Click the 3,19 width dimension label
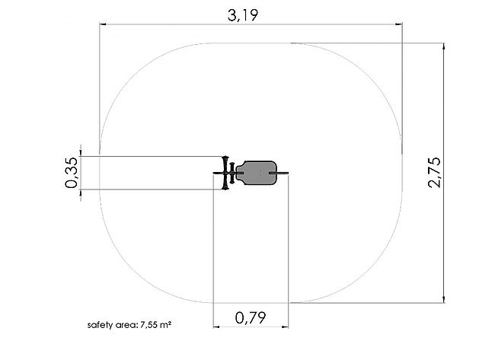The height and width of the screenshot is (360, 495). [x=243, y=15]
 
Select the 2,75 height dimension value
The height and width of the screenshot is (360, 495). [x=434, y=173]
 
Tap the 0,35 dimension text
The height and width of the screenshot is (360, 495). [x=72, y=173]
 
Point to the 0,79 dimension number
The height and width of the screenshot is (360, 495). [x=251, y=317]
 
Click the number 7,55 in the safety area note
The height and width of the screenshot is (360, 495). [x=149, y=325]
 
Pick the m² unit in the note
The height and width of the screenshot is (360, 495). [x=166, y=324]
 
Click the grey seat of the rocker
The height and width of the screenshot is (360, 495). [x=257, y=173]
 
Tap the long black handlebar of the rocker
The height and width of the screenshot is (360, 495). [x=225, y=173]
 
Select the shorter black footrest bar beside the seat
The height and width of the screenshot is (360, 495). [x=232, y=173]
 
